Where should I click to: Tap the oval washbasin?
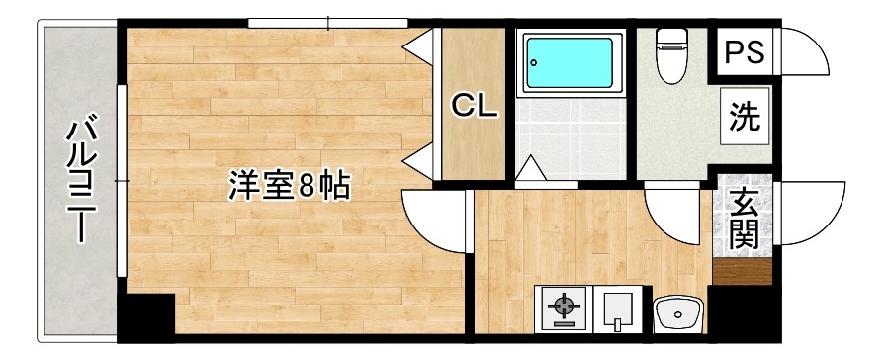[x=678, y=312]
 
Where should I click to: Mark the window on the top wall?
[x=327, y=21]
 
